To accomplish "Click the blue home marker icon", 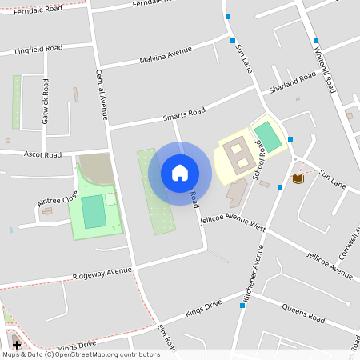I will point(180,173).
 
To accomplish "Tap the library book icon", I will point(298,178).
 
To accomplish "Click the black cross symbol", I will point(17,345).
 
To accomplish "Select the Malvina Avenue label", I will point(166,54).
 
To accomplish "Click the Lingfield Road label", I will point(38,50).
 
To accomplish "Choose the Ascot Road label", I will point(42,153).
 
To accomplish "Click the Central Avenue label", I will point(102,94).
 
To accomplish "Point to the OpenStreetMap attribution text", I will point(81,354).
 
